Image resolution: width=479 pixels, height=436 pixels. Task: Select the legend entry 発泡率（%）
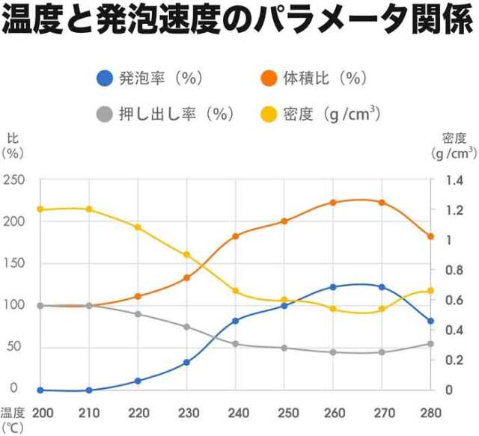[150, 77]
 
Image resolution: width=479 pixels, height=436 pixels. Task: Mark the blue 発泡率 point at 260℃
[333, 287]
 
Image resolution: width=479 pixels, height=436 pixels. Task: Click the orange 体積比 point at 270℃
[382, 203]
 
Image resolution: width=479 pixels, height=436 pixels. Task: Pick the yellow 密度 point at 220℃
[138, 227]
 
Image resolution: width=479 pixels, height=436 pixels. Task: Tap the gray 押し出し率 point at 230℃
[186, 327]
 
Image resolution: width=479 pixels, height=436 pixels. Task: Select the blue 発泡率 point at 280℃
[431, 322]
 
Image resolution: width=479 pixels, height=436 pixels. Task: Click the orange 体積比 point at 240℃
[236, 236]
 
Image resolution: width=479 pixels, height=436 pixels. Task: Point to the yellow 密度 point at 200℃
[40, 209]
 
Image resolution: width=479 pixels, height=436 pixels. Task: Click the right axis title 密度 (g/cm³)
[454, 145]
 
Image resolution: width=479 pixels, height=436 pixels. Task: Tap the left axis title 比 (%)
[13, 145]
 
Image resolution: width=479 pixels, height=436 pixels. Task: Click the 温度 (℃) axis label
[13, 420]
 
